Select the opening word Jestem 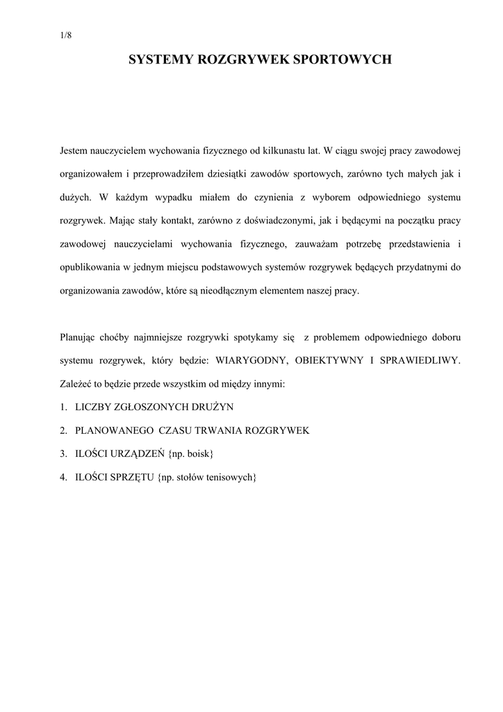click(74, 149)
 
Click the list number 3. click(63, 454)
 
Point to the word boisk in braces click(198, 454)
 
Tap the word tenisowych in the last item click(231, 478)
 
